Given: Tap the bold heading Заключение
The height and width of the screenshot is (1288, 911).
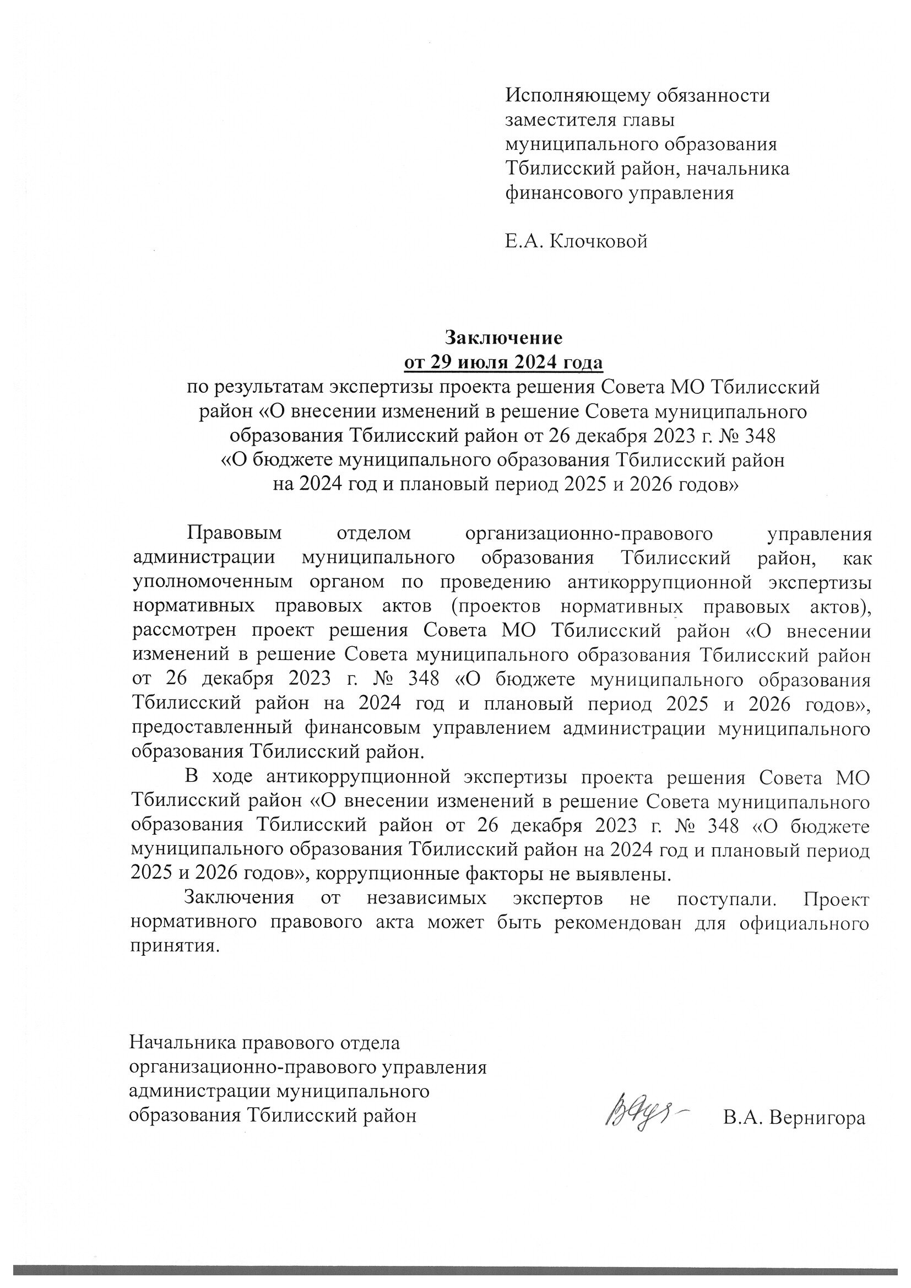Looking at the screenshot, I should pyautogui.click(x=503, y=338).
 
